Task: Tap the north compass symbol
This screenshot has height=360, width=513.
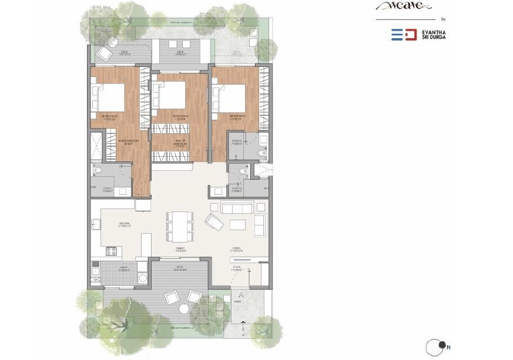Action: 437,346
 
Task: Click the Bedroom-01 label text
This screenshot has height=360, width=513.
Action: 110,116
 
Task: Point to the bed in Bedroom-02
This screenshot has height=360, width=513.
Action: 170,95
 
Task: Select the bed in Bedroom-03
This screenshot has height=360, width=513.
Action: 233,96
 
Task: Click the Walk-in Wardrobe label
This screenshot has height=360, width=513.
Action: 180,142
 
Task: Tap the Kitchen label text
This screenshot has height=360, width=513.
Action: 124,224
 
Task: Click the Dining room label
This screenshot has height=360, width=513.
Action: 180,249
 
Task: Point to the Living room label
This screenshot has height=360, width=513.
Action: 237,250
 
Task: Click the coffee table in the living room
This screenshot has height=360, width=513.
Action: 237,225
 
